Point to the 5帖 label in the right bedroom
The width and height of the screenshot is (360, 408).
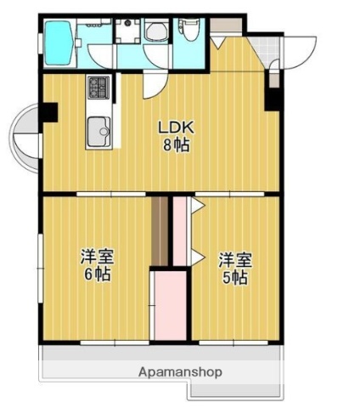(234, 277)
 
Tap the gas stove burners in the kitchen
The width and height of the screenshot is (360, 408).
(98, 87)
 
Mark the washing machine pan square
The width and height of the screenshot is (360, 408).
(129, 31)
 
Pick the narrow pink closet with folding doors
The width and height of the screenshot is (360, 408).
(180, 229)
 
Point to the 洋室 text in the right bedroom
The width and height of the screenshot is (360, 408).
(234, 258)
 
